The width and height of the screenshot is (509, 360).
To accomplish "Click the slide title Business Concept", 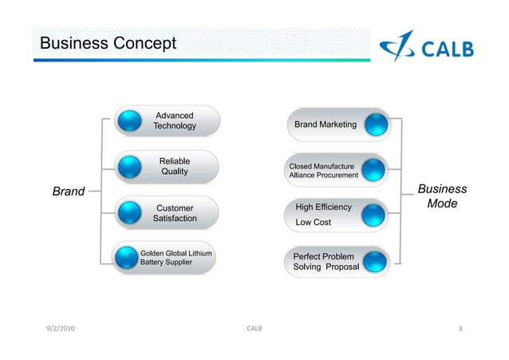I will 108,42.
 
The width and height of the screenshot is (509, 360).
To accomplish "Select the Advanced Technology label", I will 174,121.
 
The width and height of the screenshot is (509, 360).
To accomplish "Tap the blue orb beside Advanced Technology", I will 129,121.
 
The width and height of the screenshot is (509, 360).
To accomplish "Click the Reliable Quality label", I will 174,166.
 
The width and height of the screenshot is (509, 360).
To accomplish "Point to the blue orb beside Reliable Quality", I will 129,167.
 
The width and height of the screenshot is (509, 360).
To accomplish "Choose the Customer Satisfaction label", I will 174,212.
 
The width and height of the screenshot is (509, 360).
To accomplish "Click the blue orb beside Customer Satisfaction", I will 129,213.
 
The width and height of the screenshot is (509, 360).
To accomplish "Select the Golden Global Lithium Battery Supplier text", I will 176,257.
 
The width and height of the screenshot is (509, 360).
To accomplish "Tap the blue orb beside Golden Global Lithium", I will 128,257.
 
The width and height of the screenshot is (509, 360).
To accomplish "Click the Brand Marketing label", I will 325,125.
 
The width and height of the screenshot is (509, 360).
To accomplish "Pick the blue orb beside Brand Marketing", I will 376,125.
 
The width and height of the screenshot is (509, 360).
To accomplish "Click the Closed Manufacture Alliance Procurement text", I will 323,171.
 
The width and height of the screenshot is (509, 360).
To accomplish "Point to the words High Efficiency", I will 323,208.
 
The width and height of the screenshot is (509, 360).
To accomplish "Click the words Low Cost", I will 313,223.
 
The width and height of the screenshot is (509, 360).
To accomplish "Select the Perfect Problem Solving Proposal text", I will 326,261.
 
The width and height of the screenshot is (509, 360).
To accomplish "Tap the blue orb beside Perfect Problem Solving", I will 376,261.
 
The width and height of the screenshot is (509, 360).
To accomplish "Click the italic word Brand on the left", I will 69,192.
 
